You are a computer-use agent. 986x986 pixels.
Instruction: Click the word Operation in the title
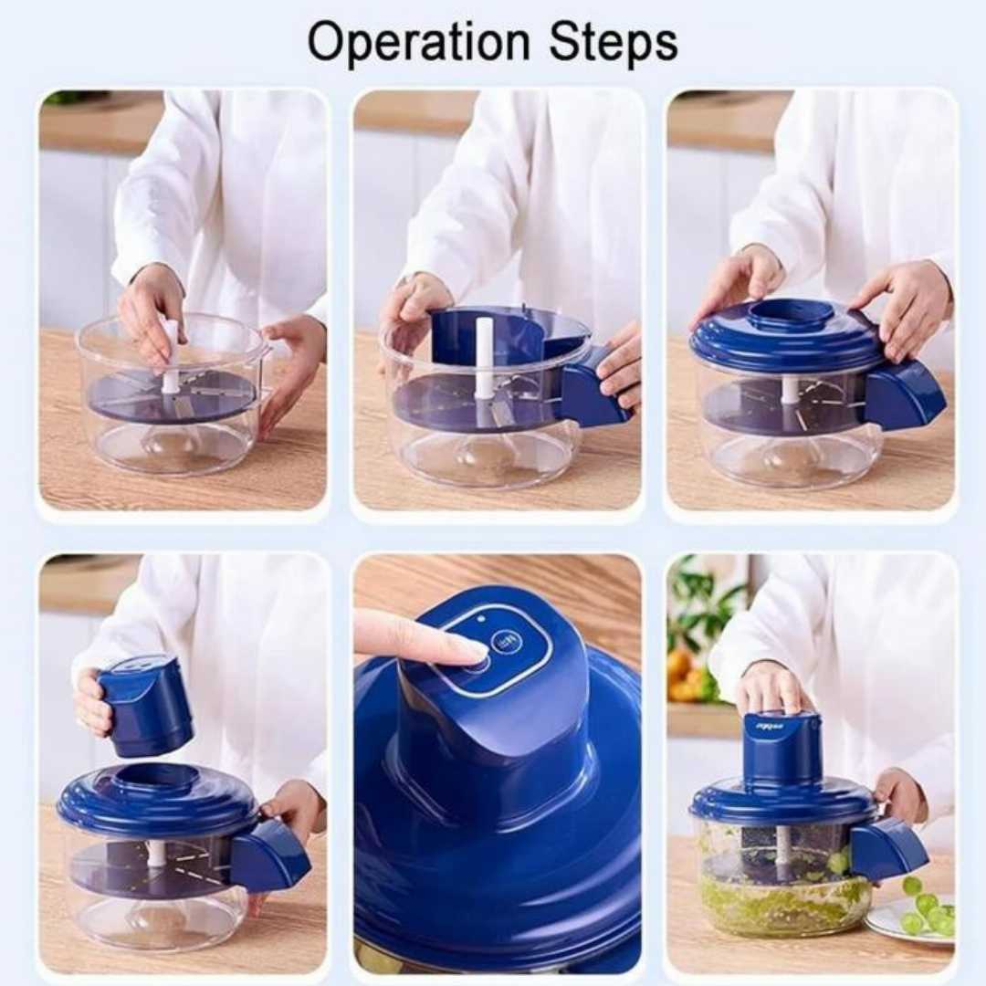pyautogui.click(x=419, y=44)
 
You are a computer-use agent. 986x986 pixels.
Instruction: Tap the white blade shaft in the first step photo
pyautogui.click(x=170, y=356)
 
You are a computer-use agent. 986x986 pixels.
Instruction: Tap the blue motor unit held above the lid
pyautogui.click(x=144, y=707)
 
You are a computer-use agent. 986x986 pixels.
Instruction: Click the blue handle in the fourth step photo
pyautogui.click(x=270, y=853)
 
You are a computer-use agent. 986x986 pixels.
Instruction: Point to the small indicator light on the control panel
pyautogui.click(x=481, y=619)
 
